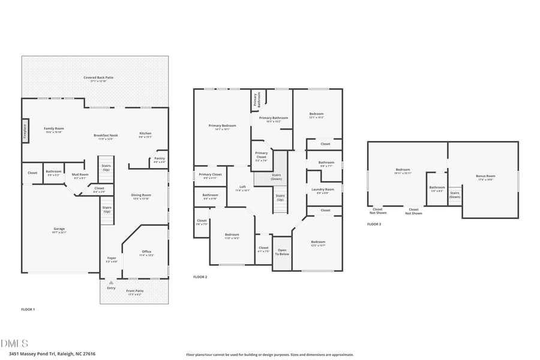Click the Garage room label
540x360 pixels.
coord(59,230)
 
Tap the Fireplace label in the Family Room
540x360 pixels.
coord(25,130)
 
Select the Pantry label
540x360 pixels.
coord(159,160)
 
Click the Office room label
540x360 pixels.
coord(146,253)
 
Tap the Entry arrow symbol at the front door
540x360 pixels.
coord(111,282)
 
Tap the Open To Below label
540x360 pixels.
coord(282,252)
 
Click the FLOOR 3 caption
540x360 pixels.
coord(374,224)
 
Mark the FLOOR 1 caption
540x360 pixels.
coord(28,310)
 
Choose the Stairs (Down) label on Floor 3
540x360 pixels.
coord(455,195)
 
